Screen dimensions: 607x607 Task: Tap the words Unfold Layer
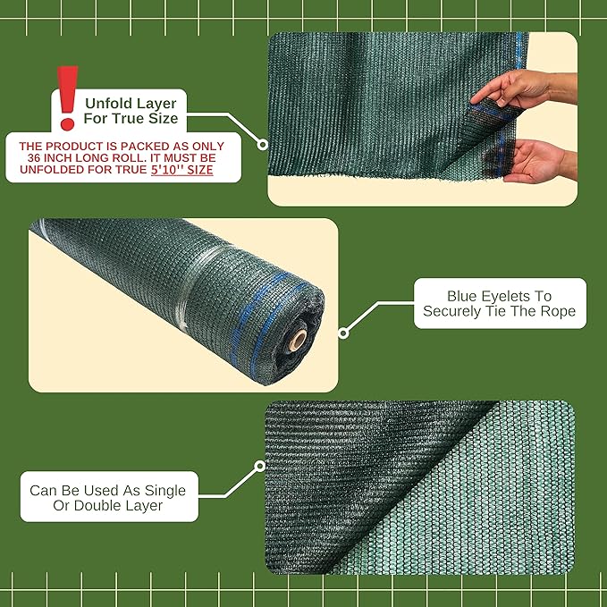click(131, 101)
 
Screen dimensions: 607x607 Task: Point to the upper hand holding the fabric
click(514, 89)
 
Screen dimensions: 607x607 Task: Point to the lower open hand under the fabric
click(536, 161)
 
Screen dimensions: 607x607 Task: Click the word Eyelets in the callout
click(513, 296)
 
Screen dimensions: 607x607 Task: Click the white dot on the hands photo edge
click(263, 143)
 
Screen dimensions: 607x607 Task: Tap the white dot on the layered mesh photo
click(260, 466)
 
